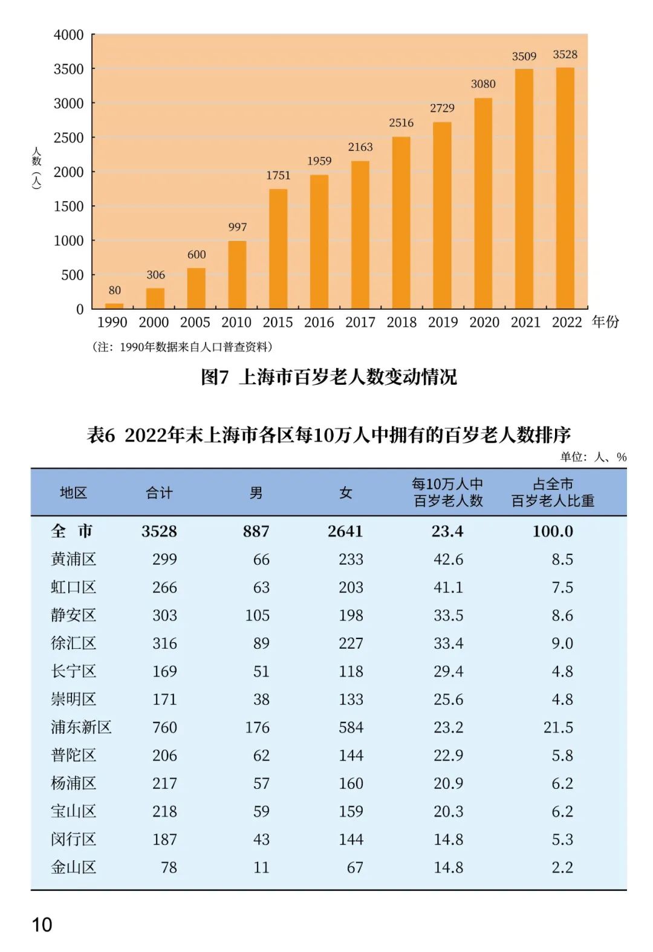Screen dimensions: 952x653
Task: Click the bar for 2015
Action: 278,249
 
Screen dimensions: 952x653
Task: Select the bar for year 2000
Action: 155,298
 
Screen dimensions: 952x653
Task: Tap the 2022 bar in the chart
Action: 565,188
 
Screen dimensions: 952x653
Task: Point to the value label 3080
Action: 483,84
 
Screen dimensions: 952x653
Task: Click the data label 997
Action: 238,227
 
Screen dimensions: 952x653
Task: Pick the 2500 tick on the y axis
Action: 68,138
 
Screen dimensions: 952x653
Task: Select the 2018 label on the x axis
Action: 401,323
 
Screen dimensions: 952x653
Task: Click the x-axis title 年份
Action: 605,322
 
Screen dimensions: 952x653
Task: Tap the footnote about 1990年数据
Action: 183,347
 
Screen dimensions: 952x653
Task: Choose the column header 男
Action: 256,493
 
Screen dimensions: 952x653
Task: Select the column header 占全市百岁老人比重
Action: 553,492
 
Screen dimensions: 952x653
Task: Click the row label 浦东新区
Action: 81,727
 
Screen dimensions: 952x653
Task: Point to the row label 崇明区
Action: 73,699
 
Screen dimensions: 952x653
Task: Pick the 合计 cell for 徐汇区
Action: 164,643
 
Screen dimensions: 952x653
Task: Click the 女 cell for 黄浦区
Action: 351,559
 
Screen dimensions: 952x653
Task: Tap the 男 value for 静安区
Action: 257,616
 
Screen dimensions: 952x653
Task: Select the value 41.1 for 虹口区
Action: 448,587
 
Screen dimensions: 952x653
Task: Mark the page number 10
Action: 42,924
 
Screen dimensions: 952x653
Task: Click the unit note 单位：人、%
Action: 593,457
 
